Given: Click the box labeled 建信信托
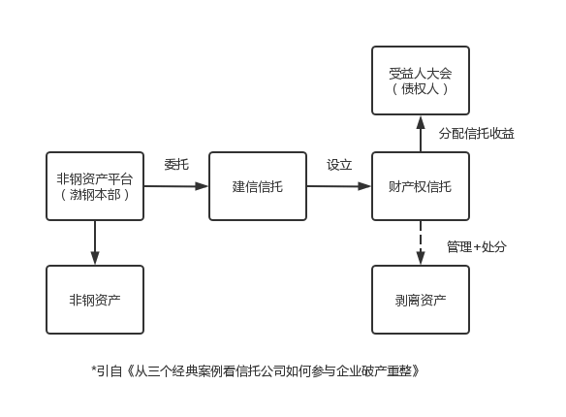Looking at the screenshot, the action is tap(258, 186).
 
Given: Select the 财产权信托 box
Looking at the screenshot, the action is tap(421, 186).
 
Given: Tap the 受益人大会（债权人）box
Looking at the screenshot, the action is tap(421, 80).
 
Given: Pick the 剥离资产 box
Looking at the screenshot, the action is tap(421, 300).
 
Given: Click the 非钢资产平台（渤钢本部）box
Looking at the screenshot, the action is tap(95, 186).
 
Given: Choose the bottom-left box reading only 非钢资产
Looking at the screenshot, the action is tap(95, 300).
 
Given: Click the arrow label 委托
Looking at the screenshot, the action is tap(176, 165).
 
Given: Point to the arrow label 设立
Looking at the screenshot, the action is tap(339, 165).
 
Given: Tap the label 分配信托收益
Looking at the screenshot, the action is tap(477, 134).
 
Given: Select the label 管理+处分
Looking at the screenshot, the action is tap(477, 247).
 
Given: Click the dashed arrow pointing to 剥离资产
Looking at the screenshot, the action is tap(421, 243).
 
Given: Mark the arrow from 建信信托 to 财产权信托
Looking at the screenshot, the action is tap(339, 186).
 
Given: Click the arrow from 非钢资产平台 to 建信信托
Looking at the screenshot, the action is tap(176, 186).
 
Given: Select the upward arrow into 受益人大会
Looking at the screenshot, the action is tap(421, 134).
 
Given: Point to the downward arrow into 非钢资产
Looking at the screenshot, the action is tap(95, 243).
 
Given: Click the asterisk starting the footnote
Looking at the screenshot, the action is tap(94, 369).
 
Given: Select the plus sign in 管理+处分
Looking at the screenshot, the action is tap(477, 247).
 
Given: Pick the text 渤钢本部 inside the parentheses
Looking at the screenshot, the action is tap(95, 195).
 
